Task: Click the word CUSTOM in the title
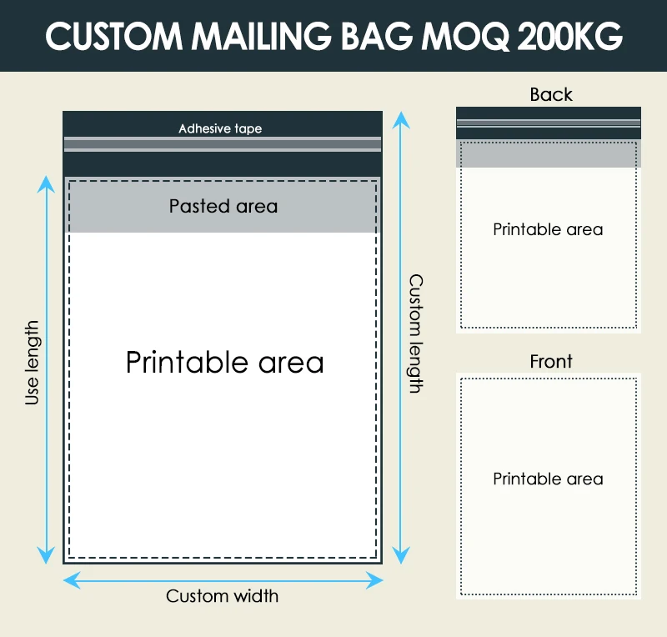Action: point(108,36)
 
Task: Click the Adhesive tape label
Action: point(220,128)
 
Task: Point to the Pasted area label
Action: point(223,206)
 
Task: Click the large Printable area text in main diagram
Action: point(224,362)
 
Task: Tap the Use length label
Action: point(33,363)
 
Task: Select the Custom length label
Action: point(414,334)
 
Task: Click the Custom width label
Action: point(222,596)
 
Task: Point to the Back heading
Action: point(551,94)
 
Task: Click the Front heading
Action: point(551,361)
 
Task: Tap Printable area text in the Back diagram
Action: point(548,229)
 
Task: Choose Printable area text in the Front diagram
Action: point(548,479)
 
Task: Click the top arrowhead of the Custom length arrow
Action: point(402,118)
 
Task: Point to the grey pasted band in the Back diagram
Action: point(548,154)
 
